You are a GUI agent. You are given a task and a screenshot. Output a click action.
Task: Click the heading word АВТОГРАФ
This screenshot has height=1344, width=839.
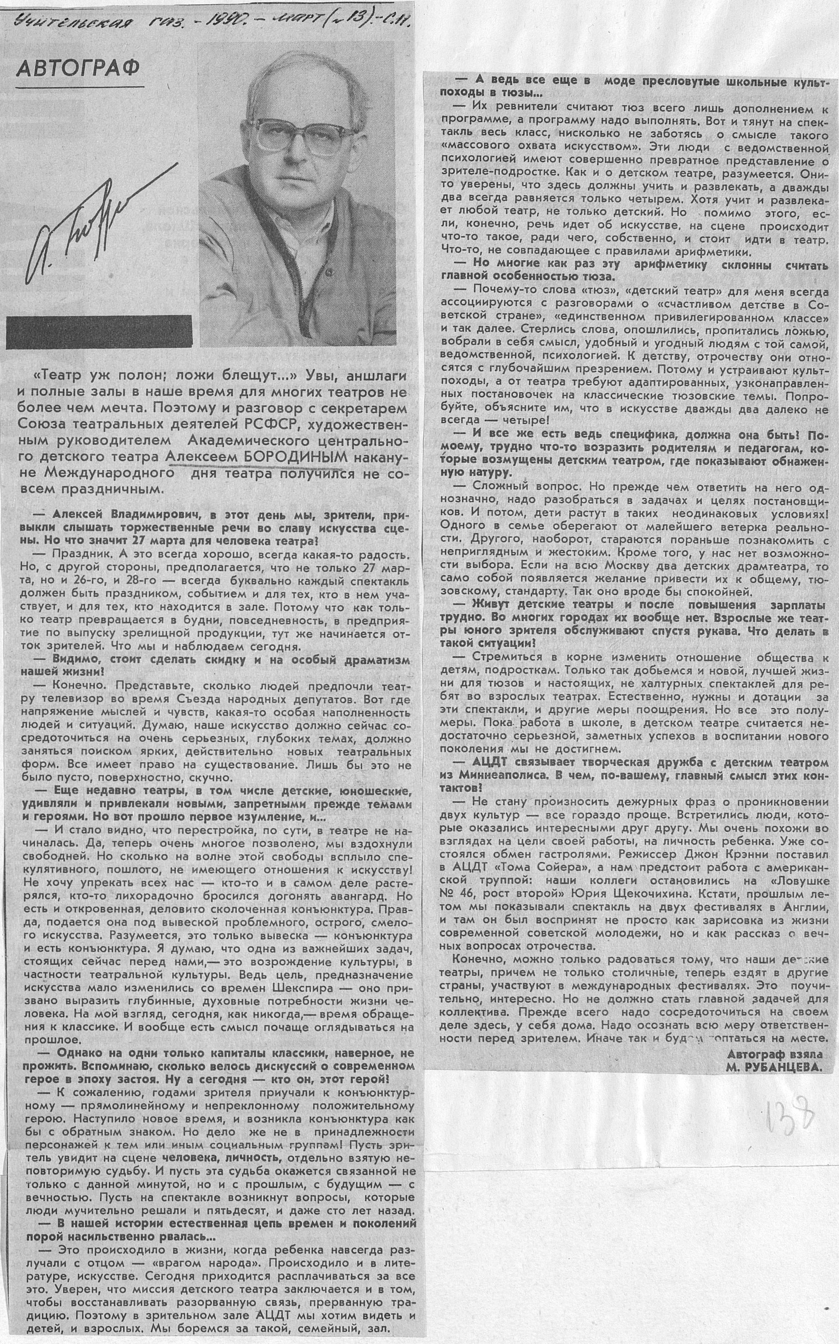[78, 68]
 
